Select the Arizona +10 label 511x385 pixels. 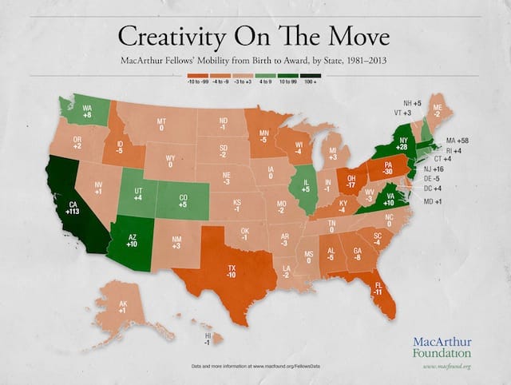[133, 240]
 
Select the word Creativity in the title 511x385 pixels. [181, 36]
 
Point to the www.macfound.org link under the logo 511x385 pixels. [447, 366]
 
